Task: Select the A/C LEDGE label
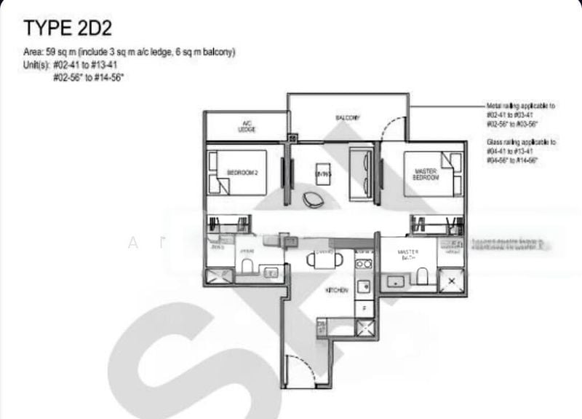tap(246, 126)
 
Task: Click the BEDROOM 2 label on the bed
tap(243, 172)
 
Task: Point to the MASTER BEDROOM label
tap(425, 174)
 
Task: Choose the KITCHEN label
tap(337, 290)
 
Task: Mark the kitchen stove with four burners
tap(364, 262)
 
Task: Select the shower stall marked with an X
tap(453, 280)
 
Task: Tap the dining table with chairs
tap(321, 259)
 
